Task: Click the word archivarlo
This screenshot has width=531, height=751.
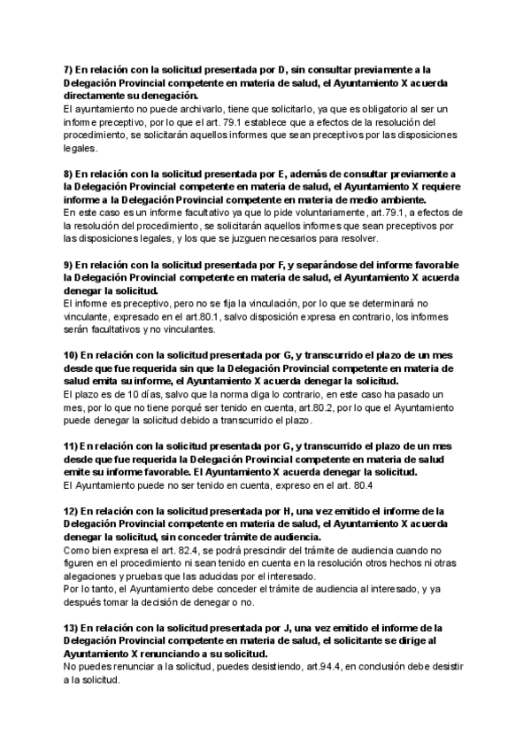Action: (189, 108)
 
